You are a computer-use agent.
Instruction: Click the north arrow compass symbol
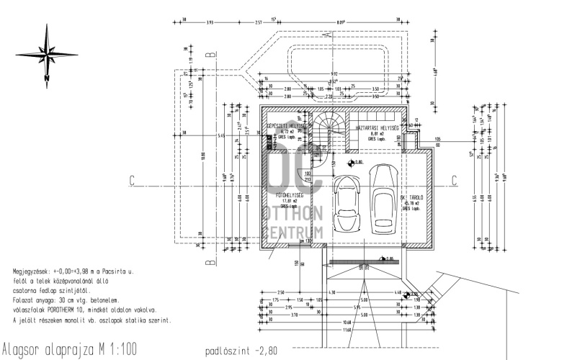coord(46,53)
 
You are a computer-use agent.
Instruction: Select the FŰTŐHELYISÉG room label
coord(288,194)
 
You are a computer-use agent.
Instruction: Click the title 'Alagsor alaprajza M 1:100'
coord(69,348)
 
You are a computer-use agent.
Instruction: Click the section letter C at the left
coord(133,180)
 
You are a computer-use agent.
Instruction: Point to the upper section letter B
coord(209,54)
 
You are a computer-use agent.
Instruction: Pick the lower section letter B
coord(209,263)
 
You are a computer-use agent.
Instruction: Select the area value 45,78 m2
coord(411,202)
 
